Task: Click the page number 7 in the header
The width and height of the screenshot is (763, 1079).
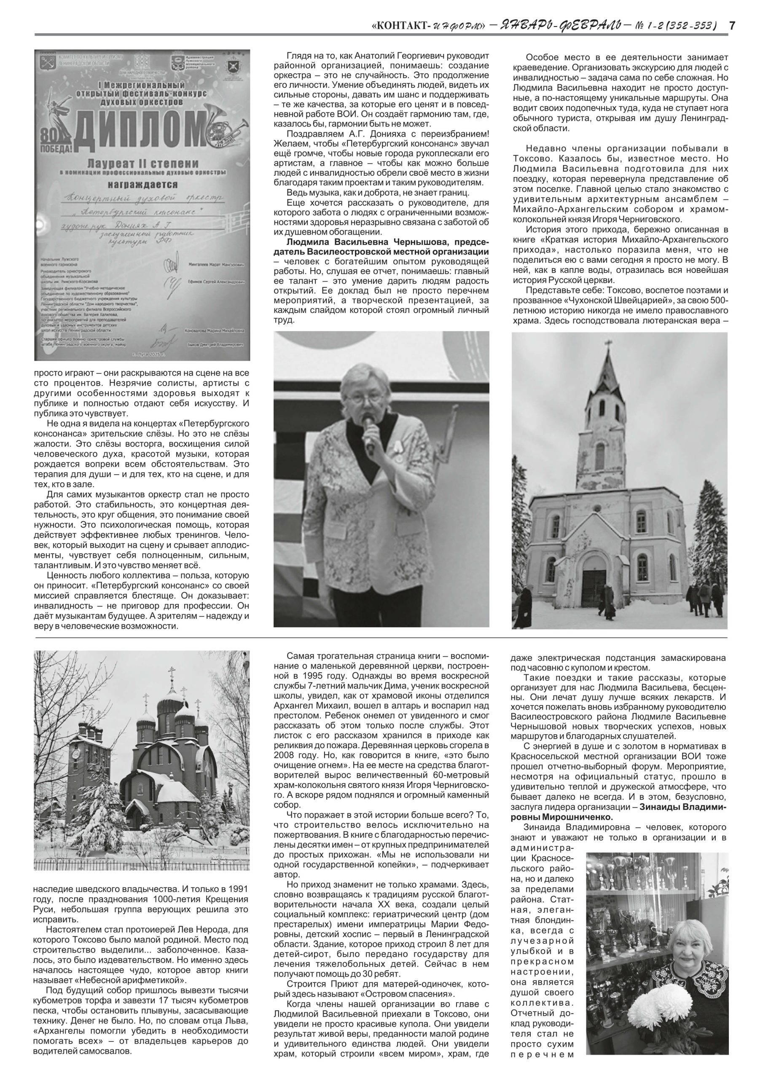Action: pos(731,25)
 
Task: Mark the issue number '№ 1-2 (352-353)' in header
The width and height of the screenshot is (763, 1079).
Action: pos(676,25)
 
